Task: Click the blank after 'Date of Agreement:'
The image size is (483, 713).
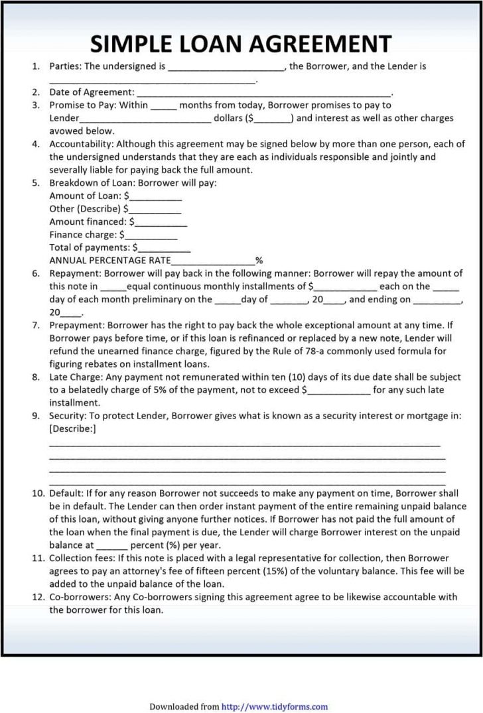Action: click(x=263, y=93)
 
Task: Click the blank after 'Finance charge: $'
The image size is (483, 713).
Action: click(x=151, y=235)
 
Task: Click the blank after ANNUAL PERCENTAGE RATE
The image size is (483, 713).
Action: click(x=213, y=261)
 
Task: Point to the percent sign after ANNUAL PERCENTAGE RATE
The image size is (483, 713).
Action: click(x=259, y=261)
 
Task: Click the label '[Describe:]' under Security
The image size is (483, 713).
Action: click(x=72, y=428)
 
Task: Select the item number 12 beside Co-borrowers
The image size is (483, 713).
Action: click(x=37, y=597)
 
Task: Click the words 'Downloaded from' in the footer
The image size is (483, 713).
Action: click(x=184, y=707)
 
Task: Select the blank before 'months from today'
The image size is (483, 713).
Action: click(x=164, y=105)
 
